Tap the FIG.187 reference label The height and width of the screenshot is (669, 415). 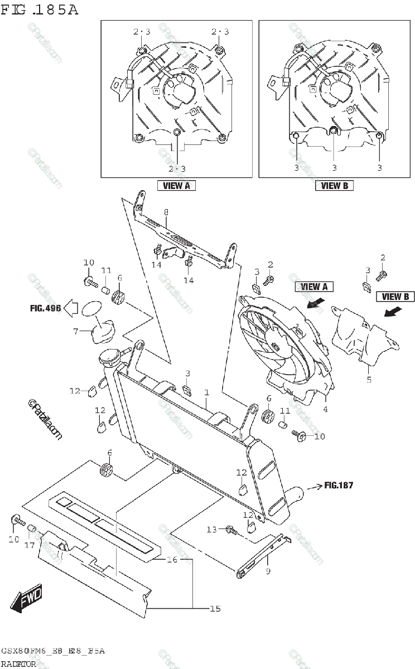click(x=339, y=485)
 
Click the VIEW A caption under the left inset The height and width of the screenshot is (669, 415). click(x=176, y=186)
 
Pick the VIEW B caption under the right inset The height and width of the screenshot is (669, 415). click(x=334, y=186)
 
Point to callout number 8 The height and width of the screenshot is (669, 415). click(x=166, y=212)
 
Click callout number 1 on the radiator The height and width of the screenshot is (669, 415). click(x=206, y=392)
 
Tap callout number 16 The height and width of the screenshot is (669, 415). click(x=172, y=559)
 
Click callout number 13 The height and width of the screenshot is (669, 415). click(x=211, y=529)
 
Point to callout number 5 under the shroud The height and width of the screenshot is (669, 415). click(x=369, y=380)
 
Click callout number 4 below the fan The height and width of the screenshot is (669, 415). click(x=325, y=409)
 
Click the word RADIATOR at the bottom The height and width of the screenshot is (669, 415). click(x=19, y=664)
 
